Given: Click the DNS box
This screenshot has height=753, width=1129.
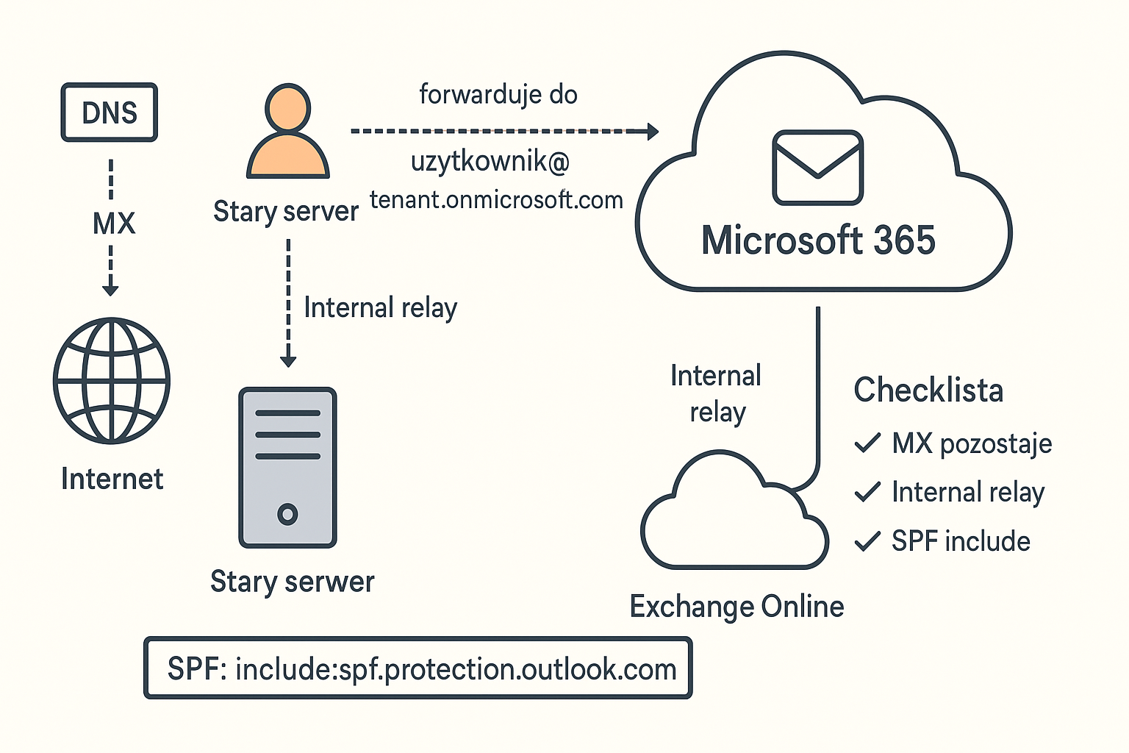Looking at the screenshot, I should point(110,113).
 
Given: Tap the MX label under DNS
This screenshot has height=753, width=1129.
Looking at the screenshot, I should point(114,223).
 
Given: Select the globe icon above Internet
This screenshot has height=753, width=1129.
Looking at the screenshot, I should point(112,380).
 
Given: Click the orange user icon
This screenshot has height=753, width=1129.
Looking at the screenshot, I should point(288,132).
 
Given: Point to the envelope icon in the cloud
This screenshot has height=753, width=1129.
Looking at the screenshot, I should point(817,168).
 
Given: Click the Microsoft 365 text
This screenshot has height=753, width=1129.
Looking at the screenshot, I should point(818,240).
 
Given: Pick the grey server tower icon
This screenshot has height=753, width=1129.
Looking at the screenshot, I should point(288,468).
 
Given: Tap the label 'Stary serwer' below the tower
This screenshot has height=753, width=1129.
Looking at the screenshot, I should point(293,582).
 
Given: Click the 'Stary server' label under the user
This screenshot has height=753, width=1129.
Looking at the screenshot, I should point(286,211).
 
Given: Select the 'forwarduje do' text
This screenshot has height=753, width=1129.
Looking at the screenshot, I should point(498,94).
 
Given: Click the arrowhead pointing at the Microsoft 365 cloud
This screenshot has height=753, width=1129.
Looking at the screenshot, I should point(652,132).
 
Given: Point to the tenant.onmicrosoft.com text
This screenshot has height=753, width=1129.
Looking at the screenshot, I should point(496,200).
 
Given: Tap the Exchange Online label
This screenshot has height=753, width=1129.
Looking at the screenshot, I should point(737,607).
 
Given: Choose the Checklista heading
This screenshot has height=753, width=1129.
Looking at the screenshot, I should point(928,390).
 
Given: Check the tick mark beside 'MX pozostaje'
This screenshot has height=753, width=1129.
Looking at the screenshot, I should point(868,443).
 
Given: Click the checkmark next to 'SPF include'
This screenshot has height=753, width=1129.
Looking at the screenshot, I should point(868,541).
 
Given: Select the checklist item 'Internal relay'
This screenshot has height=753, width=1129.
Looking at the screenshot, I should point(968,492).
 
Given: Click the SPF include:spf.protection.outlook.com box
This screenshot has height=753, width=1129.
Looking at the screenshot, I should point(418,668).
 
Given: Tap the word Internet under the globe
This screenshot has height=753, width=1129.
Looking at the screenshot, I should point(112,479).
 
